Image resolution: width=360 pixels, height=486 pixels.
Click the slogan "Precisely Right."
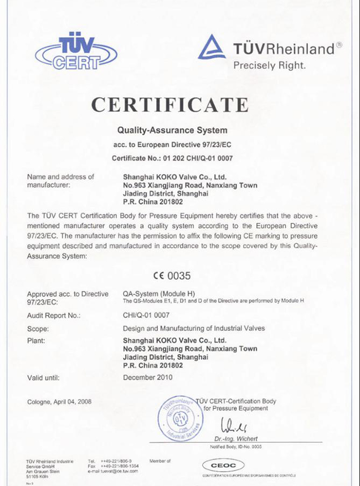[269, 65]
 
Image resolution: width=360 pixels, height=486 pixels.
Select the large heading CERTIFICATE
[170, 105]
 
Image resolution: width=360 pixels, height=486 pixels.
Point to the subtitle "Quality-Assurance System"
[172, 131]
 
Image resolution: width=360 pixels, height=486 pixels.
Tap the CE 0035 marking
[172, 275]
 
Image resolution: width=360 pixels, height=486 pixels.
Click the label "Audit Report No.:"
[54, 315]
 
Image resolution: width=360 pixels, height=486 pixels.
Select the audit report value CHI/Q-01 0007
[147, 315]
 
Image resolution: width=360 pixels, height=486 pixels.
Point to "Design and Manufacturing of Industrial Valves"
[193, 328]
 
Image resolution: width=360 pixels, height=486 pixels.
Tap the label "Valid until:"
[43, 378]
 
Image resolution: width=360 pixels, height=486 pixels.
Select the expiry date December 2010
[147, 378]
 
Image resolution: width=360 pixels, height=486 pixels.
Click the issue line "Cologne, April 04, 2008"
[59, 401]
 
